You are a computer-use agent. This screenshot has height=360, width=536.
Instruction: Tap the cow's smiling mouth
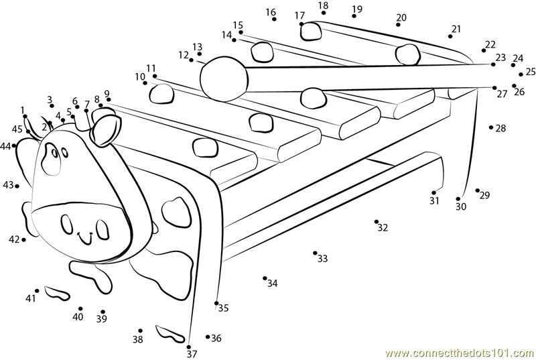(86, 238)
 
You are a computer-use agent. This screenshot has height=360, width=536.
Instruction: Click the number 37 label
(192, 354)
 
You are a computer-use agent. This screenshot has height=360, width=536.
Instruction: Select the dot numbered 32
(377, 221)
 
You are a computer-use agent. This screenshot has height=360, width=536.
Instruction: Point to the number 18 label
(324, 6)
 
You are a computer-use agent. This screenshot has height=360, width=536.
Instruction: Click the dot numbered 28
(491, 127)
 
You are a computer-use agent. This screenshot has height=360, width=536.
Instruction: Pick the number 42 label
(14, 239)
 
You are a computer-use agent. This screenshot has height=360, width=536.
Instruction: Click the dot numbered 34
(265, 278)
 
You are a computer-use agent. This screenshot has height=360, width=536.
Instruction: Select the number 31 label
(434, 200)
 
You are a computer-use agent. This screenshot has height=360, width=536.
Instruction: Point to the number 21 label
(456, 29)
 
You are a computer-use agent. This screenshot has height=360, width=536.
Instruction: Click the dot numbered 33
(315, 253)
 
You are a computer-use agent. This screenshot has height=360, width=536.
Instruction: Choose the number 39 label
(101, 319)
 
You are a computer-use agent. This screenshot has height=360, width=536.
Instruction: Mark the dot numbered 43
(17, 186)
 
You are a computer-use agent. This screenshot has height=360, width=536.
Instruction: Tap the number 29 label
(484, 195)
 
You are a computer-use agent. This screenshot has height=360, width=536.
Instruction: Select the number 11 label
(151, 68)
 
